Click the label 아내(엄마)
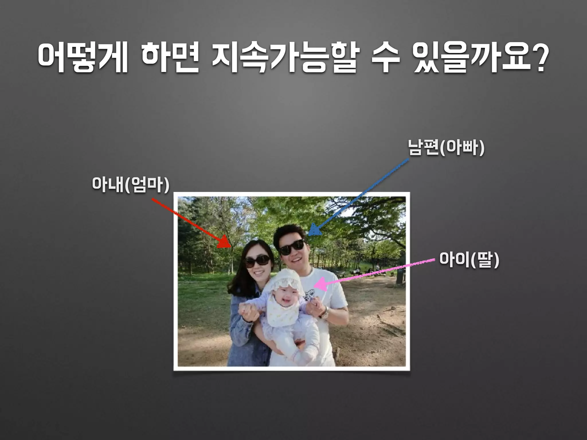[131, 185]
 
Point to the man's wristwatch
[325, 314]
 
